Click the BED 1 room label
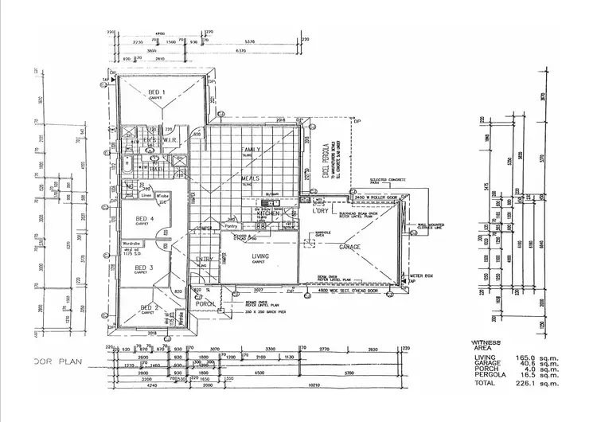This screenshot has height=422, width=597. [x=157, y=92]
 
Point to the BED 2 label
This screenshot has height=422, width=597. [x=150, y=307]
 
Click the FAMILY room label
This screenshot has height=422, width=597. [x=252, y=150]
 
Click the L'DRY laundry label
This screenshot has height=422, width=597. [x=322, y=211]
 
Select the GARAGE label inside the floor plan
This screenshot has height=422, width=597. [x=350, y=247]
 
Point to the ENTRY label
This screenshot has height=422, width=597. [x=204, y=259]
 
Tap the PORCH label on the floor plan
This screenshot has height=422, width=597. [x=205, y=303]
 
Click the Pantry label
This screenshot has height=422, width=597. [x=231, y=226]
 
